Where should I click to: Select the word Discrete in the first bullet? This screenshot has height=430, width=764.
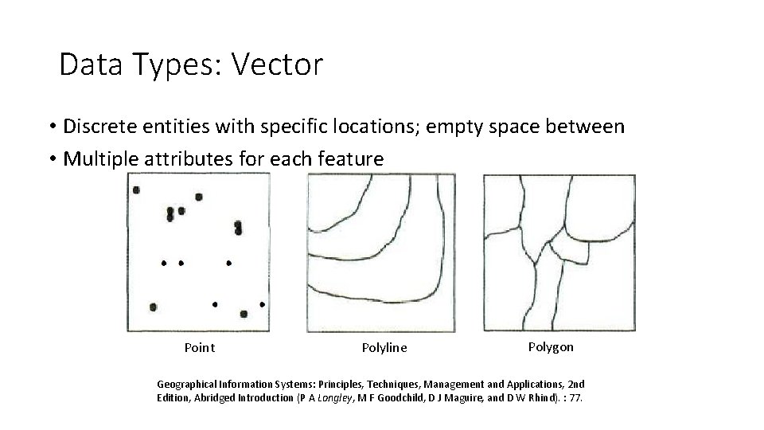coord(99,127)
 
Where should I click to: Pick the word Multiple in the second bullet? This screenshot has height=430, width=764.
coord(99,159)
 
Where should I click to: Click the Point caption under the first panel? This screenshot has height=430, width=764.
coord(199,347)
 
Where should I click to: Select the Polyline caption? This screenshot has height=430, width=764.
coord(384,347)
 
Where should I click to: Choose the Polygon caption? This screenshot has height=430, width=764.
coord(550,346)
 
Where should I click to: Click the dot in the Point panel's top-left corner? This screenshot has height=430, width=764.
coord(136,190)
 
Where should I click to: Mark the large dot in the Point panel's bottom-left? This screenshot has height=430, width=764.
coord(153,307)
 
